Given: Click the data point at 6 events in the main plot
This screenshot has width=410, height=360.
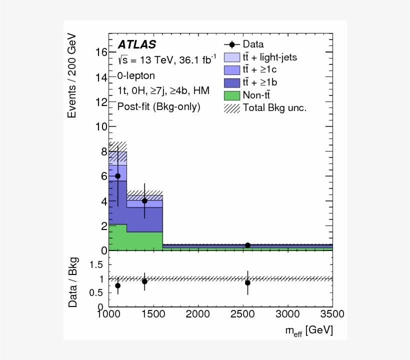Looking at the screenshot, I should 117,176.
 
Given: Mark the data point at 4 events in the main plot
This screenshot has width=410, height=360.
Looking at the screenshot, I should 144,201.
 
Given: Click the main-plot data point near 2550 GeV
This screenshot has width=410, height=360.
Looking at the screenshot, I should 247,245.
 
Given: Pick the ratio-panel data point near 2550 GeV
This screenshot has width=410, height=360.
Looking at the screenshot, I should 247,282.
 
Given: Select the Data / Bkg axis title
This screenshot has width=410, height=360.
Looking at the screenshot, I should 73,282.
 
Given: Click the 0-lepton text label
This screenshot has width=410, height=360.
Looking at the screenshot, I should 136,75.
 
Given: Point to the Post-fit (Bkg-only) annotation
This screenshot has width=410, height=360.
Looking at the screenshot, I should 158,106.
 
